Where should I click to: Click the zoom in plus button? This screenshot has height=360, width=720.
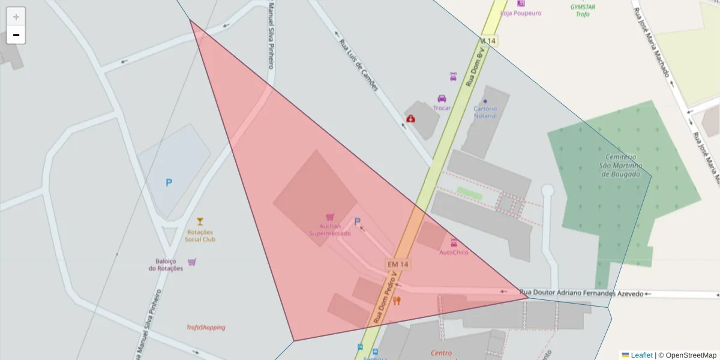point(16,16)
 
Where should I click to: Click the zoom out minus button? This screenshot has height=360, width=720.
point(16,35)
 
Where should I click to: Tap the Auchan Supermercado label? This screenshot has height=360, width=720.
point(330,230)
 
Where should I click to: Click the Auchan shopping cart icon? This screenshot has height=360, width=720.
point(329,217)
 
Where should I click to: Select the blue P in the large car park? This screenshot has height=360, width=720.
point(169,182)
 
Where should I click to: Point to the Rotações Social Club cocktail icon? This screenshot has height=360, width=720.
point(200,221)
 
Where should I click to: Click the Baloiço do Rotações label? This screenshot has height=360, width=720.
point(166,265)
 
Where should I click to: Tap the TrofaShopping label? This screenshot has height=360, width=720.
point(206,328)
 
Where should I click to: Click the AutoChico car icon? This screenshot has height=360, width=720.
point(454,242)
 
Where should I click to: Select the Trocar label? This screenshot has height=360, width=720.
point(442,108)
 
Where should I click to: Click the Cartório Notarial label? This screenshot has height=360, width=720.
point(485,112)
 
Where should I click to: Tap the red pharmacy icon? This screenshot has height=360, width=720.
point(410,119)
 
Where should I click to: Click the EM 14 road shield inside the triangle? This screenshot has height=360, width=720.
point(398,264)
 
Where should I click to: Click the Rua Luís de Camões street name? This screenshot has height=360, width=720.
point(359,65)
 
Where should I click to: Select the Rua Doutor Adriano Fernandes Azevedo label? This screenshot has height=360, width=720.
point(581,293)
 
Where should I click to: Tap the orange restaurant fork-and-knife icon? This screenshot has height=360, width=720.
point(397,301)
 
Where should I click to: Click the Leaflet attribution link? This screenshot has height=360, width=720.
point(641,355)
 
